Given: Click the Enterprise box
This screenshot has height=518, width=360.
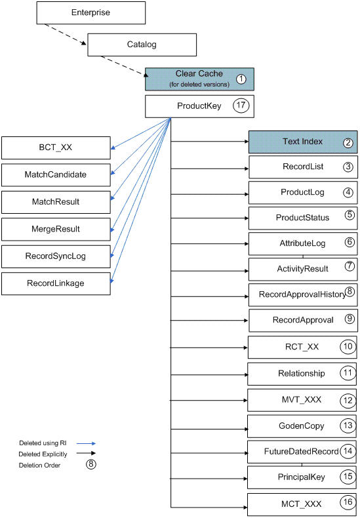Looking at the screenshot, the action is (x=91, y=13).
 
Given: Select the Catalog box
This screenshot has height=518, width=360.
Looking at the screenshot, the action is (x=142, y=45).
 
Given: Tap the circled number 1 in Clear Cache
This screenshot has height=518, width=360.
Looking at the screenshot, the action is (x=241, y=79).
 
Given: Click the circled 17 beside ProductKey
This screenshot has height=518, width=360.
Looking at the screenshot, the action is (x=241, y=106).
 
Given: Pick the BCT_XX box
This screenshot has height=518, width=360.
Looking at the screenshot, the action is (x=56, y=148).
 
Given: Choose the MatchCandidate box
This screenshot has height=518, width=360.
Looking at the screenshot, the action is (x=56, y=175).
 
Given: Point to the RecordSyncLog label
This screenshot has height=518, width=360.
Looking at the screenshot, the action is (x=56, y=256).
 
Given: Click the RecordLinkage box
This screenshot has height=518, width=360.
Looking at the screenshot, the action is (x=56, y=283).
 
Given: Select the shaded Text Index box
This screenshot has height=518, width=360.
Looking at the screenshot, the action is (x=303, y=142).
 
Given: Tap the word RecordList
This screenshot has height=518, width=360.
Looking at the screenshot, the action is (x=303, y=167).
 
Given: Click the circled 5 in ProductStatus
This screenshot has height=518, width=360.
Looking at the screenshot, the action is (x=350, y=215).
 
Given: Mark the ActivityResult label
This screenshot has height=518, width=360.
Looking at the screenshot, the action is (x=302, y=269).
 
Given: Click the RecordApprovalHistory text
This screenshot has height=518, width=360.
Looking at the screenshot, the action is (x=302, y=294).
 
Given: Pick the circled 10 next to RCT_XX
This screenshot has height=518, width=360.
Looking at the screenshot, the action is (x=348, y=347).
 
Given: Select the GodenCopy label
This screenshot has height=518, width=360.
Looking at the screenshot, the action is (x=302, y=426).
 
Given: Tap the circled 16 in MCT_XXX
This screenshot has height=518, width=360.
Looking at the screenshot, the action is (x=348, y=502).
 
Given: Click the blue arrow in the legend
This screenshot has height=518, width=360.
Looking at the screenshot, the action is (x=86, y=443).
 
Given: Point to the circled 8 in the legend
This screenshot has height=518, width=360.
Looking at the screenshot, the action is (x=91, y=464).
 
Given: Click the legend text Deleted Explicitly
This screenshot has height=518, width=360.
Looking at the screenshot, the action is (x=43, y=454).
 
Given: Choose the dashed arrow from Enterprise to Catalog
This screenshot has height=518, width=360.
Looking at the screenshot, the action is (x=66, y=34).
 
